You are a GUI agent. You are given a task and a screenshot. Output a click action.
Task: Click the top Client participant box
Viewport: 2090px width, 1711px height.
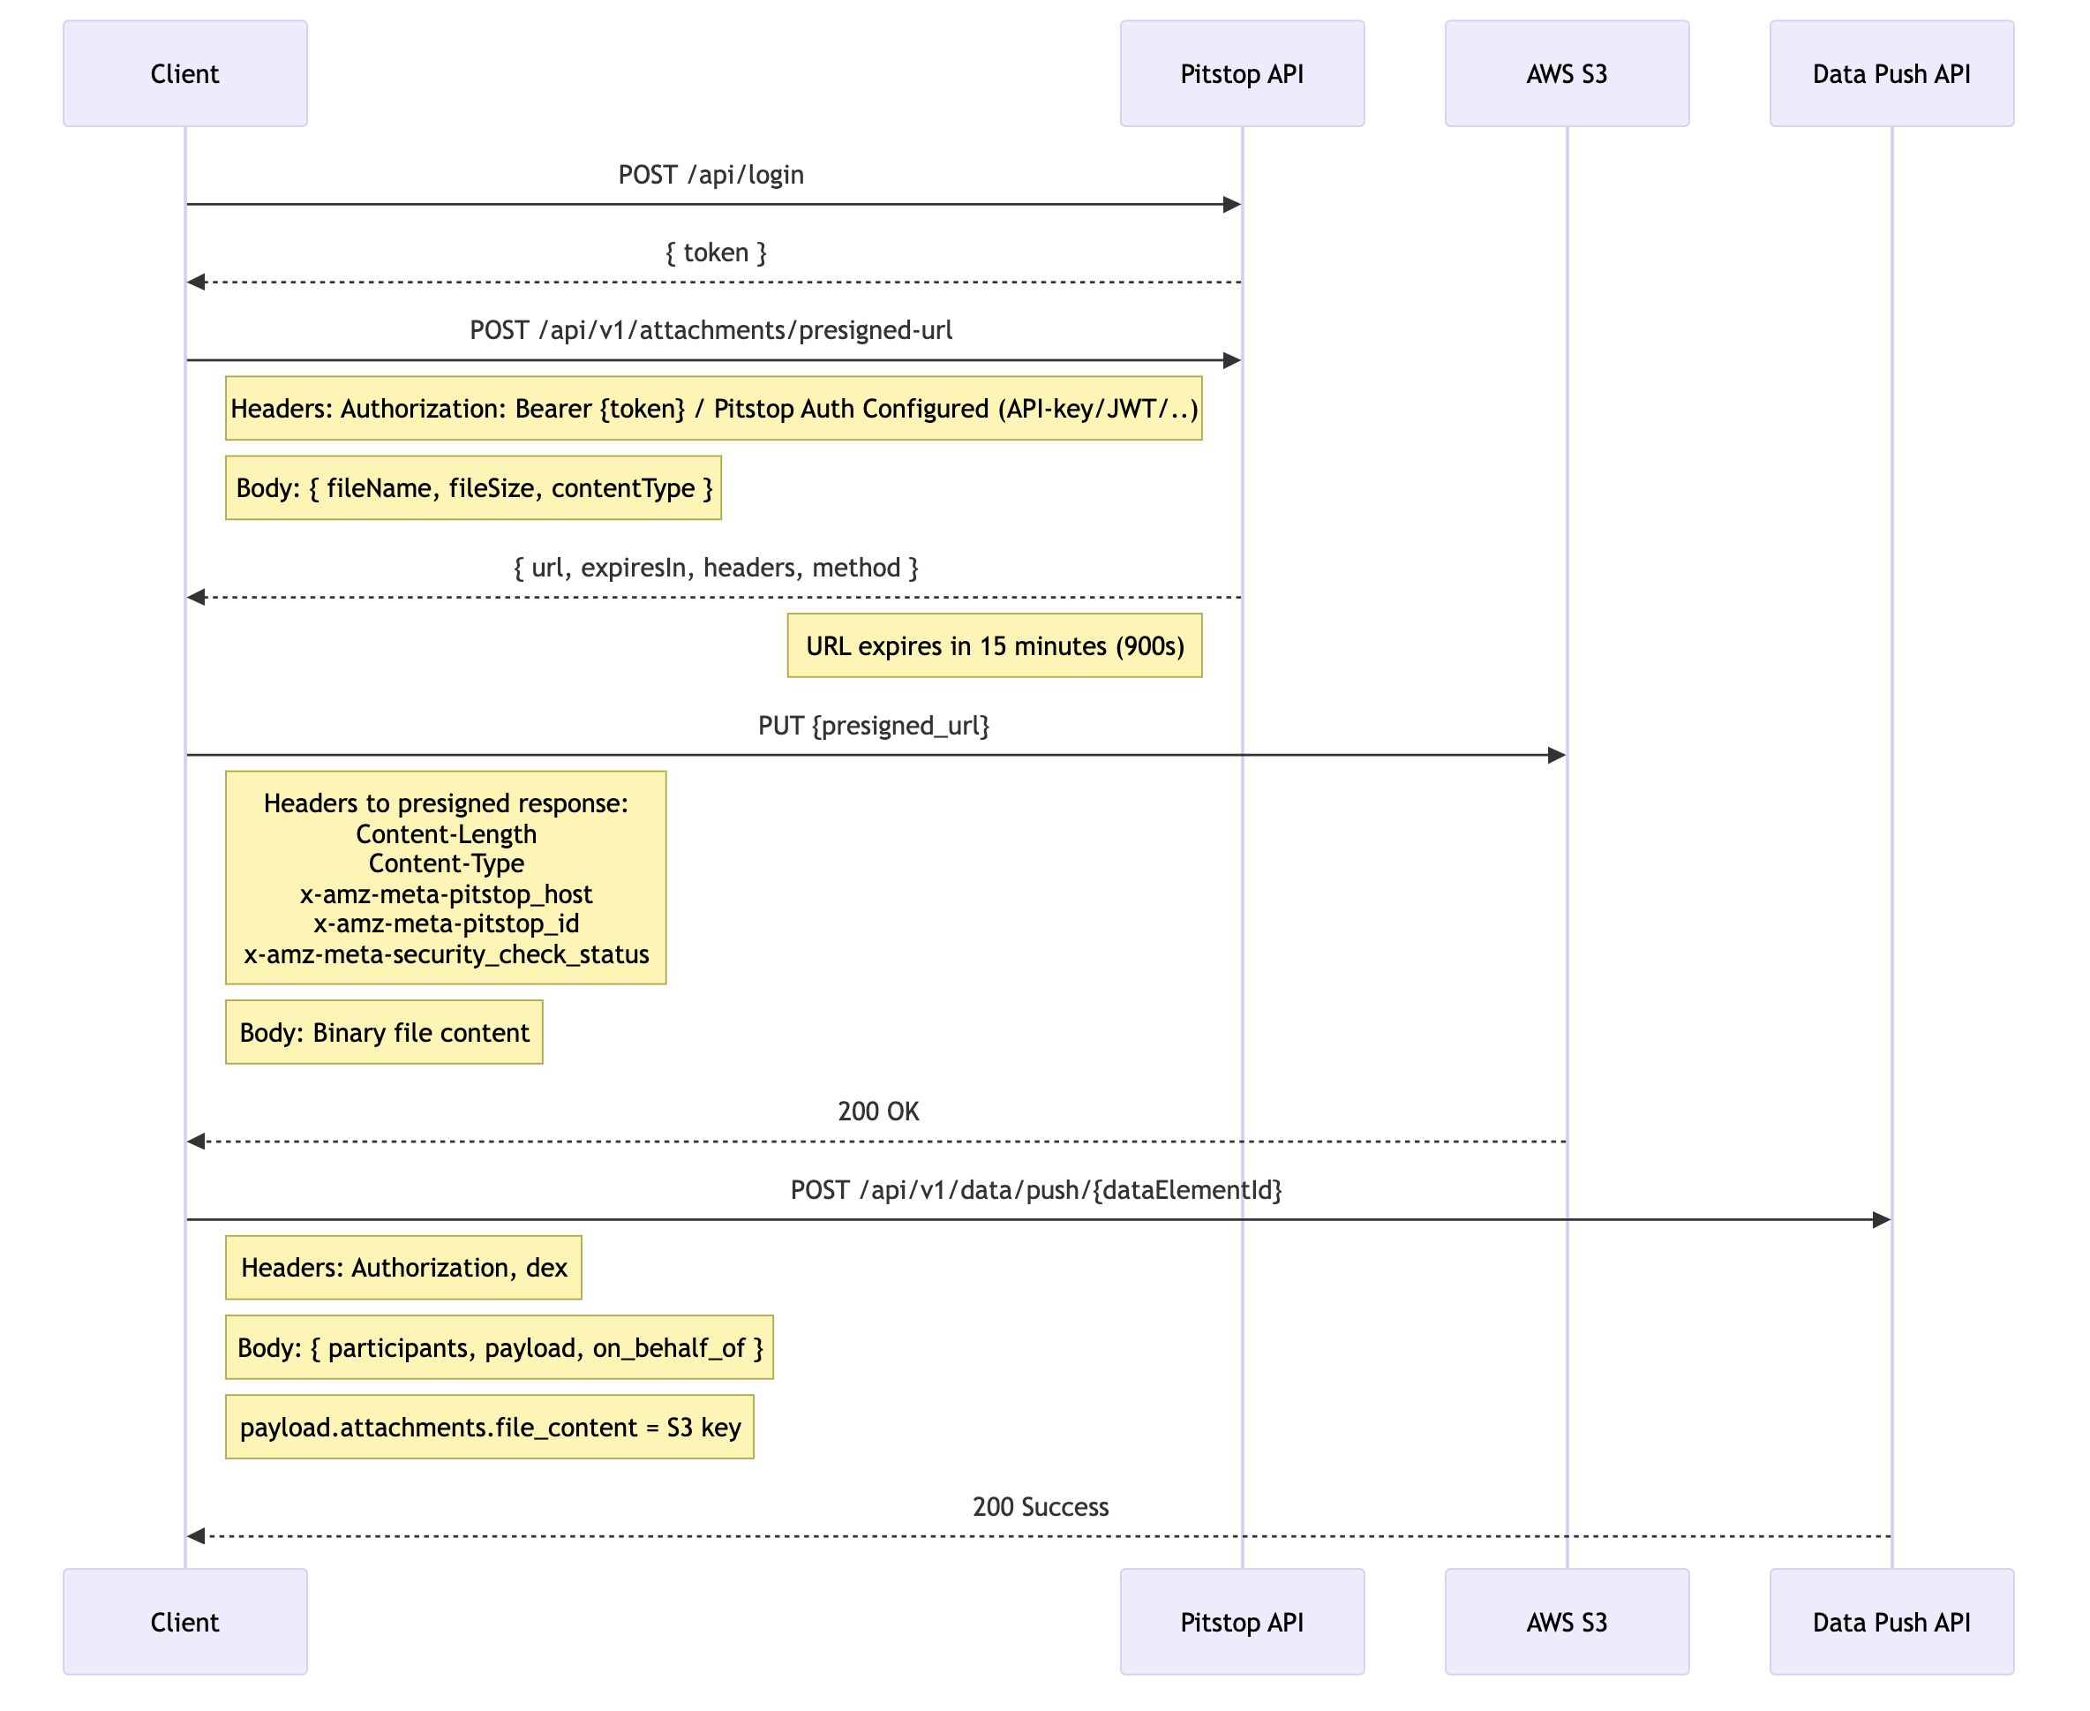185,74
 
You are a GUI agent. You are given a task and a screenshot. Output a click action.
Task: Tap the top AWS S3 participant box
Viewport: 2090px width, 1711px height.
1567,74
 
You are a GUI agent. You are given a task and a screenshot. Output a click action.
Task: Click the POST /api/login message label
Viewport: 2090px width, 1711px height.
710,175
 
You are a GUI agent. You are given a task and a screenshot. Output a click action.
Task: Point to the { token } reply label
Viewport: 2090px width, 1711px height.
716,253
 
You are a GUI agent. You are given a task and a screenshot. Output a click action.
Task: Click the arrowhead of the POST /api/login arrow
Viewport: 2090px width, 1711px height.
1232,205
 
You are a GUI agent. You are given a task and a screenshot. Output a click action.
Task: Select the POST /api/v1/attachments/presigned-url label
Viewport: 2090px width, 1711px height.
710,330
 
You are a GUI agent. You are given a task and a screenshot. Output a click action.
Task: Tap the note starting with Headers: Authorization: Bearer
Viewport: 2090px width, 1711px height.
713,408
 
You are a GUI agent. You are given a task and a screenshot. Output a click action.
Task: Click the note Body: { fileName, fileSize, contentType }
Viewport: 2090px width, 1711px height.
473,488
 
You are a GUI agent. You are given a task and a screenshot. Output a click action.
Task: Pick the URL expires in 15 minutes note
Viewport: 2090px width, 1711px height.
995,645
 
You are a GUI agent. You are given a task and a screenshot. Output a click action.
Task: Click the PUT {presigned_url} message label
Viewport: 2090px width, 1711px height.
873,726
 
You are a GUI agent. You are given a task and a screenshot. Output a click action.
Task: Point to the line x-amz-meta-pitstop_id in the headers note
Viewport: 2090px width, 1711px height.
446,923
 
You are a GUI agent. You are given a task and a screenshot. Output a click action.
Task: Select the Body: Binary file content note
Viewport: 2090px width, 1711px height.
384,1032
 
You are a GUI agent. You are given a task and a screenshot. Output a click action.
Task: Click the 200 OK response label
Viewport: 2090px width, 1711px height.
878,1111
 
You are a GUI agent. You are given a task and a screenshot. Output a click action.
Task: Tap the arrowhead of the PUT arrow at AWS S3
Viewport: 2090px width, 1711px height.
1556,755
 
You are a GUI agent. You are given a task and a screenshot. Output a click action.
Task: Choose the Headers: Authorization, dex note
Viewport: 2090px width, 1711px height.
403,1268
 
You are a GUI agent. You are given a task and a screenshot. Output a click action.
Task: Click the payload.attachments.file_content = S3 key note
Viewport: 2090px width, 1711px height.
490,1427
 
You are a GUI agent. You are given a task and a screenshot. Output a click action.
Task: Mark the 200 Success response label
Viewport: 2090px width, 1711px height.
1041,1506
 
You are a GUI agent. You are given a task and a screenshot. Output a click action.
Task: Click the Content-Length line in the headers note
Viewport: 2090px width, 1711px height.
446,833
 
